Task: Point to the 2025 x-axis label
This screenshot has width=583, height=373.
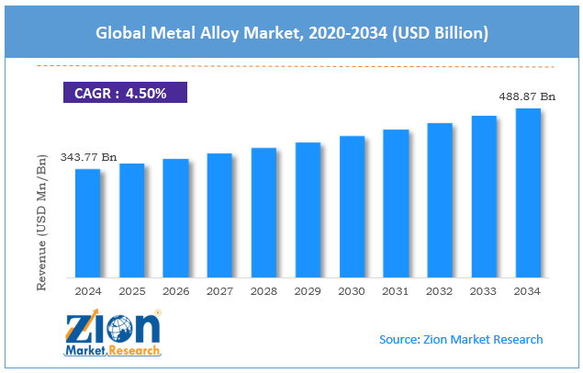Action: pyautogui.click(x=131, y=291)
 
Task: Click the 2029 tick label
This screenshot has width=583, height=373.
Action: pyautogui.click(x=308, y=291)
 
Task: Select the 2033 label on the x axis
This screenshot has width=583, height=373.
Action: pyautogui.click(x=484, y=291)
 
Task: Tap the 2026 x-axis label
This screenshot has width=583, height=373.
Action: pyautogui.click(x=175, y=291)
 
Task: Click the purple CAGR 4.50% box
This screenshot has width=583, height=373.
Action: pyautogui.click(x=125, y=92)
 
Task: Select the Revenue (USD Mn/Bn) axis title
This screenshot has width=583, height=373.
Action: pyautogui.click(x=41, y=221)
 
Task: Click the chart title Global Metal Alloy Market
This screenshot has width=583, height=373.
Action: pyautogui.click(x=291, y=32)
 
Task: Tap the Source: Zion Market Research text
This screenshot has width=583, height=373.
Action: pyautogui.click(x=461, y=339)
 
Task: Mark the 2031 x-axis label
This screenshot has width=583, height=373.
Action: pyautogui.click(x=396, y=291)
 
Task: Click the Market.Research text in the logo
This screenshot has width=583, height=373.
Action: pyautogui.click(x=112, y=351)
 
